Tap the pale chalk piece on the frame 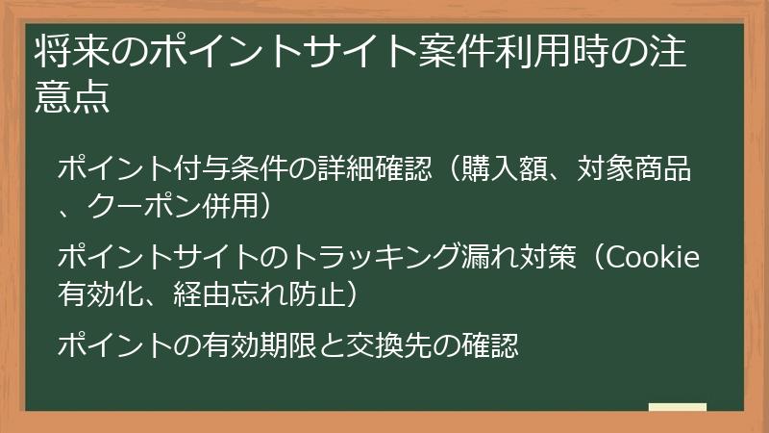(x=678, y=407)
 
